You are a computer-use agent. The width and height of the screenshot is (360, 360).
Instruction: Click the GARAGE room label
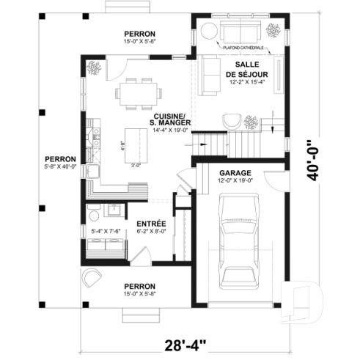[235, 172]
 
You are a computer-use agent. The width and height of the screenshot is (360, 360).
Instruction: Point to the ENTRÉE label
[151, 223]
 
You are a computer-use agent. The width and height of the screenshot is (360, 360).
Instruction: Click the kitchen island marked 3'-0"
[133, 142]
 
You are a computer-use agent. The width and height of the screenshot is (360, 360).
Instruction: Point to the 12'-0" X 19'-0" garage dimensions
[235, 180]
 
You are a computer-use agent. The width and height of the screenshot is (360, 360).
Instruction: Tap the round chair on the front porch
[92, 278]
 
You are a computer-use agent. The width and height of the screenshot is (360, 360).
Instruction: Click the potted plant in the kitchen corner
[95, 68]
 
